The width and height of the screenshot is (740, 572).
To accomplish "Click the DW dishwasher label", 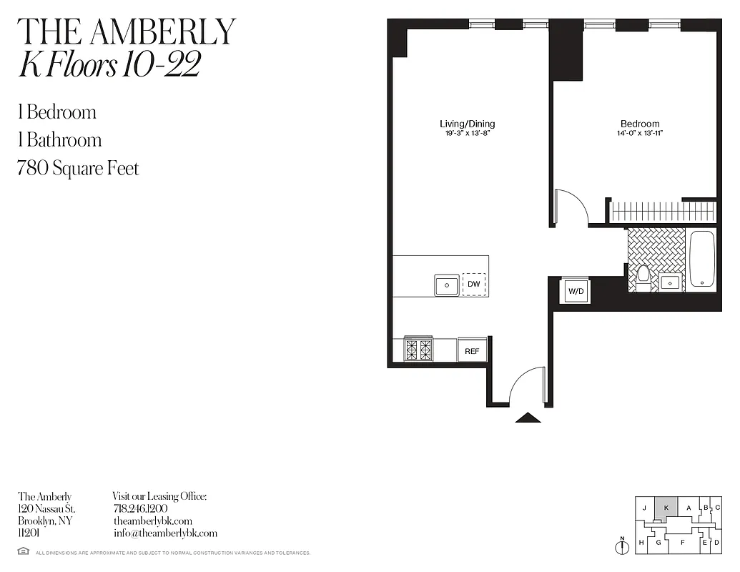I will [x=473, y=285].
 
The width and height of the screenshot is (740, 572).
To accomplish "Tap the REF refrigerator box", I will [x=472, y=351].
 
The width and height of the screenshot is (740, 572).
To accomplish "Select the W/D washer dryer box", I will [x=575, y=291].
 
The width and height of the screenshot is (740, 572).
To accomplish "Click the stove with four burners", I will [x=419, y=350].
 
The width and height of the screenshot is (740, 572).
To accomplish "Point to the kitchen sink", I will [x=447, y=285].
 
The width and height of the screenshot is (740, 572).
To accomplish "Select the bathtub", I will [x=702, y=260].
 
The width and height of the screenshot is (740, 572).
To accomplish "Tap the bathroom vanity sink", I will [x=670, y=282].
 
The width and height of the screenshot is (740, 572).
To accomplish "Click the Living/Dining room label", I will [x=467, y=124].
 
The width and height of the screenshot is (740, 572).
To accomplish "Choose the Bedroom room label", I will [x=639, y=124].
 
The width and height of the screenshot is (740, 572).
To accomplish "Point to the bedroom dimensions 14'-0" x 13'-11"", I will [x=639, y=133].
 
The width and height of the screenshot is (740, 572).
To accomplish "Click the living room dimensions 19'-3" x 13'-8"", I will [x=467, y=133].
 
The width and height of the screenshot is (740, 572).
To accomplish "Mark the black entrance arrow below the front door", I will [x=528, y=418].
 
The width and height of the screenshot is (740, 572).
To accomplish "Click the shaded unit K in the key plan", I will [x=666, y=507].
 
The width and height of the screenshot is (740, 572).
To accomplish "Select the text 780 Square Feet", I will [x=78, y=169].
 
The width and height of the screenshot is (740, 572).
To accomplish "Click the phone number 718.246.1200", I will [x=140, y=508].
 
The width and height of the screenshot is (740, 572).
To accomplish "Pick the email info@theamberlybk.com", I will [x=165, y=533].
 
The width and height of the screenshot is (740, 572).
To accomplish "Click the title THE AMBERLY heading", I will [x=126, y=31].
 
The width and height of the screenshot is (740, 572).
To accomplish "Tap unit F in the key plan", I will [x=682, y=542].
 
